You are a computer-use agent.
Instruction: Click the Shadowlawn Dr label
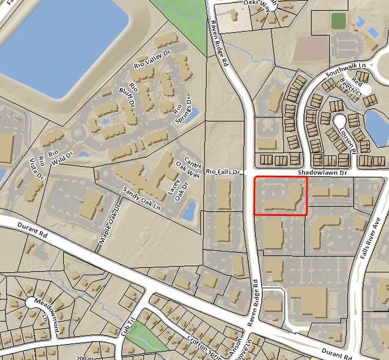click(x=322, y=174)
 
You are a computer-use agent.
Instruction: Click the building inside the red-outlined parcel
click(x=282, y=200)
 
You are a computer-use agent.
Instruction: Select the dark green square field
click(x=338, y=20)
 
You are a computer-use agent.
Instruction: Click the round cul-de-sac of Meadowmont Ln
click(x=32, y=302)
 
